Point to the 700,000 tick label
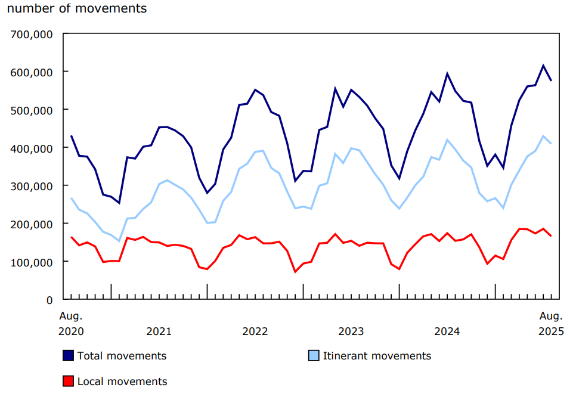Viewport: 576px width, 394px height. point(32,34)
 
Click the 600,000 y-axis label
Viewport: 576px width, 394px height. point(32,72)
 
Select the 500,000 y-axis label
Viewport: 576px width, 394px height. point(32,110)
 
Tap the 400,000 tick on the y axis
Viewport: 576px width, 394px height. point(32,148)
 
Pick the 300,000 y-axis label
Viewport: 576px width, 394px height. point(32,186)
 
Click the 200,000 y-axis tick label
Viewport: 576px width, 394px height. point(32,224)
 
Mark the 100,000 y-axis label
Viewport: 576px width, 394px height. point(32,262)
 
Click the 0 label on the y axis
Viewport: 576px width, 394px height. point(50,300)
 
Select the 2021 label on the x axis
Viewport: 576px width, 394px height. point(159,331)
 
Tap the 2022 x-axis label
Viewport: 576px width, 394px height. point(255,331)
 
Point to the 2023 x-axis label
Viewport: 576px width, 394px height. point(351,331)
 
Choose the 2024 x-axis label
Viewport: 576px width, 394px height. point(447,331)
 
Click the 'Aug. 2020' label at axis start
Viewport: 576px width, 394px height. point(71,323)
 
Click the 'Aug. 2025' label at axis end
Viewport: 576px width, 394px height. point(551,323)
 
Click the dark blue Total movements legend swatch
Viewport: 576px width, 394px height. point(69,356)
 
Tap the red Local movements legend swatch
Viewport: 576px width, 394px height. point(69,381)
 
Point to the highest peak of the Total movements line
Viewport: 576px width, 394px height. point(543,66)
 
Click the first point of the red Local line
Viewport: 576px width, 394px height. point(72,237)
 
